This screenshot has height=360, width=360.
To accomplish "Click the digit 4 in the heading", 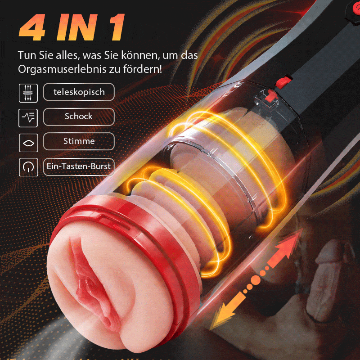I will click(37, 27).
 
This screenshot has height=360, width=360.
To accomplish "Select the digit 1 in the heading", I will click(116, 27).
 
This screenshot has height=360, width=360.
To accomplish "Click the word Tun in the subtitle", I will click(26, 55).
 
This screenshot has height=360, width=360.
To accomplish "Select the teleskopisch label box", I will click(79, 92).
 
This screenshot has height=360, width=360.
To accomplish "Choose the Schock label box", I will click(79, 117).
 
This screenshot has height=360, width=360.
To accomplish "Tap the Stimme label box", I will click(79, 141).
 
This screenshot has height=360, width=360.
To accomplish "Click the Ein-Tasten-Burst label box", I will click(79, 166).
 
